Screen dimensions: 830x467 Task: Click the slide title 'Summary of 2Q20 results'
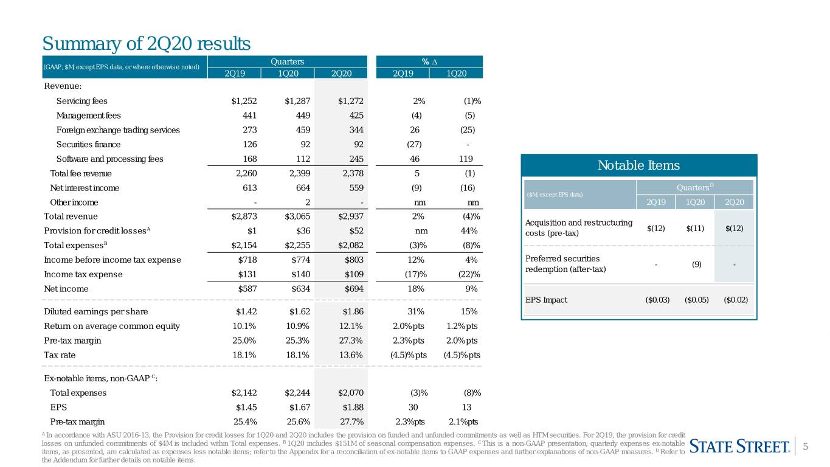click(x=147, y=44)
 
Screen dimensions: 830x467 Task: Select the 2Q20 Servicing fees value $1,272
click(x=350, y=101)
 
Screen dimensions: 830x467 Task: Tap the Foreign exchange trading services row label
click(x=118, y=130)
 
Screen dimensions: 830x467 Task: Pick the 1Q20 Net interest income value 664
click(x=303, y=188)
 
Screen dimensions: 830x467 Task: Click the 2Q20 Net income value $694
click(x=354, y=289)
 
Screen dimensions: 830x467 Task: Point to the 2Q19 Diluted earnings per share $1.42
click(x=246, y=312)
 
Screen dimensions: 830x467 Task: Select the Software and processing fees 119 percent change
click(x=466, y=159)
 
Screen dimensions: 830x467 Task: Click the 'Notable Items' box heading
click(x=638, y=165)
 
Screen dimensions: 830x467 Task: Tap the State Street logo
click(x=739, y=446)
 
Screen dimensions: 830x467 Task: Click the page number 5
click(x=805, y=446)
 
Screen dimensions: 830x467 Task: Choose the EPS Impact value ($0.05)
click(x=697, y=300)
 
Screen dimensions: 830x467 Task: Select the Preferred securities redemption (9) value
click(x=697, y=265)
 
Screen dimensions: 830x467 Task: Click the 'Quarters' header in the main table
click(x=287, y=61)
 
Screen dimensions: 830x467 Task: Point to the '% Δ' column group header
click(x=429, y=61)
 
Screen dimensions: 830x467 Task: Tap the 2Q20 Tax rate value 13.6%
click(x=350, y=355)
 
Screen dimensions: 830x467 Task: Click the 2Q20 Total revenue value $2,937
click(x=350, y=216)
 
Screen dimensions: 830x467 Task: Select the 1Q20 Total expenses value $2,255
click(x=297, y=246)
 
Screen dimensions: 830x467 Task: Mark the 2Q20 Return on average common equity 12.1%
click(x=350, y=326)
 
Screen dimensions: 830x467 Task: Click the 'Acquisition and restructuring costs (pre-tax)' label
click(x=579, y=228)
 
